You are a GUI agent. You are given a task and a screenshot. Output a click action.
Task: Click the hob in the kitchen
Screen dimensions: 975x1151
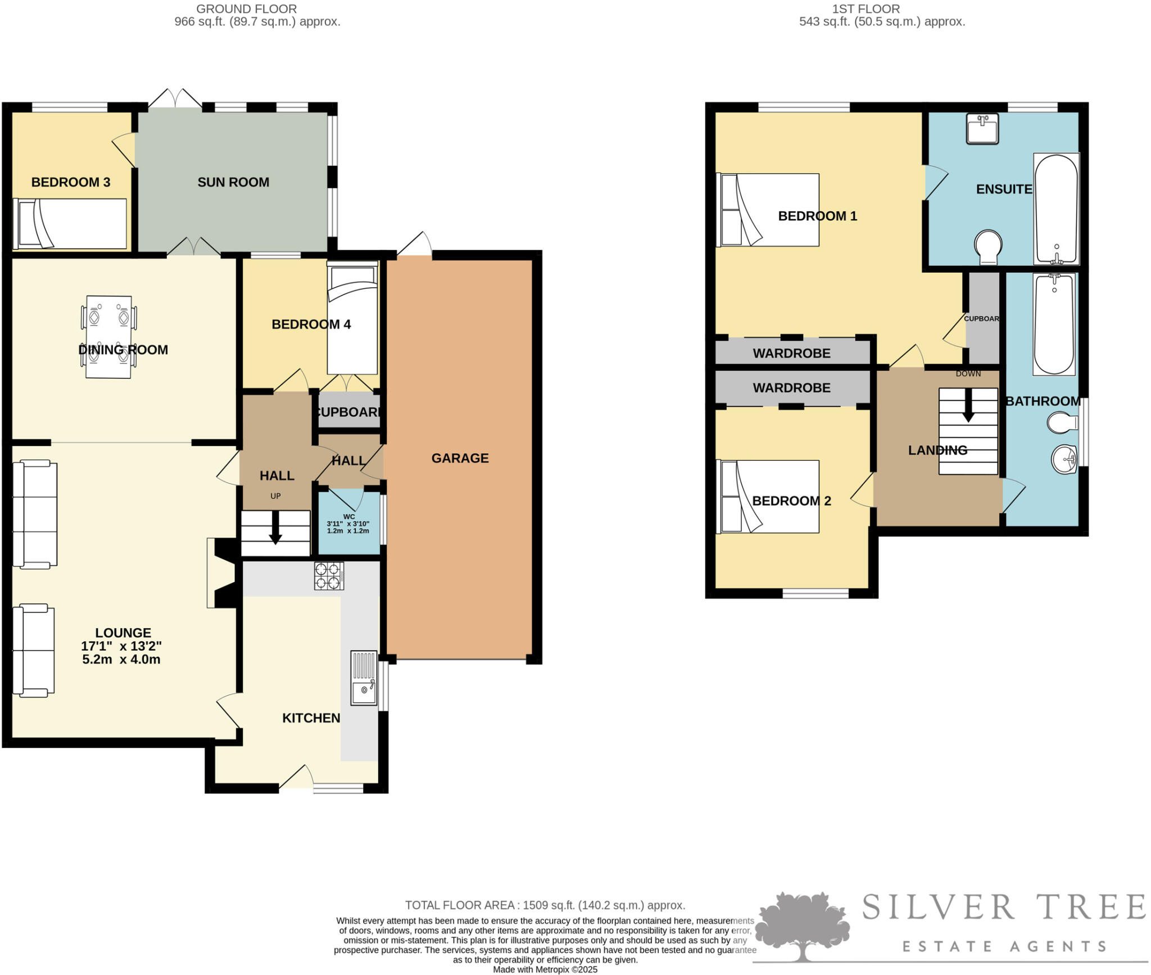(329, 575)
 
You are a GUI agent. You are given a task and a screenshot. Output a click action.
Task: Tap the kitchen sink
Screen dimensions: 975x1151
(364, 677)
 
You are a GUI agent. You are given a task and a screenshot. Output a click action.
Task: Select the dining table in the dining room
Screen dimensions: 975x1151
(108, 337)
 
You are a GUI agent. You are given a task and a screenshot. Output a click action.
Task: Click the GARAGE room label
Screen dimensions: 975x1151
(460, 458)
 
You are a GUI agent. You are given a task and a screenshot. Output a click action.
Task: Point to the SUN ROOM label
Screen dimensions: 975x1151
(233, 182)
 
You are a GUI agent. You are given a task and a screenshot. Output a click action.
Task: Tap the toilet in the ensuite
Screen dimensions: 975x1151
(989, 247)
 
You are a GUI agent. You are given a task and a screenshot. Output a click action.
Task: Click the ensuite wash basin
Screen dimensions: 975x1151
(982, 128)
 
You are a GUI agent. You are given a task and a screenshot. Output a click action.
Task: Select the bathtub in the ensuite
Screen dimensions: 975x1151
(1056, 209)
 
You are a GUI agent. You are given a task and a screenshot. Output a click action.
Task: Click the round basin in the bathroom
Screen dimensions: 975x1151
(1064, 459)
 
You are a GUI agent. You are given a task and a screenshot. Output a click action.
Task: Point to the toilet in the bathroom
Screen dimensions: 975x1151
(1061, 423)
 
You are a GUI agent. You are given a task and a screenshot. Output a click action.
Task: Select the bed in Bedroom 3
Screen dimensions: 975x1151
(70, 224)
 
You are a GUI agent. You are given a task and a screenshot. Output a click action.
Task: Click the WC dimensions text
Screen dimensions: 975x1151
(348, 527)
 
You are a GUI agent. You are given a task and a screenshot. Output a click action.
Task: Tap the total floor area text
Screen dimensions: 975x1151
(545, 905)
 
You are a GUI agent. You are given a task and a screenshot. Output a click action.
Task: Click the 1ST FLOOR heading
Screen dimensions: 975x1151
(881, 9)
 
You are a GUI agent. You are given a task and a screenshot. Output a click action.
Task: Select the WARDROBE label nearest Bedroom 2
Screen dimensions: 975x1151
(791, 388)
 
